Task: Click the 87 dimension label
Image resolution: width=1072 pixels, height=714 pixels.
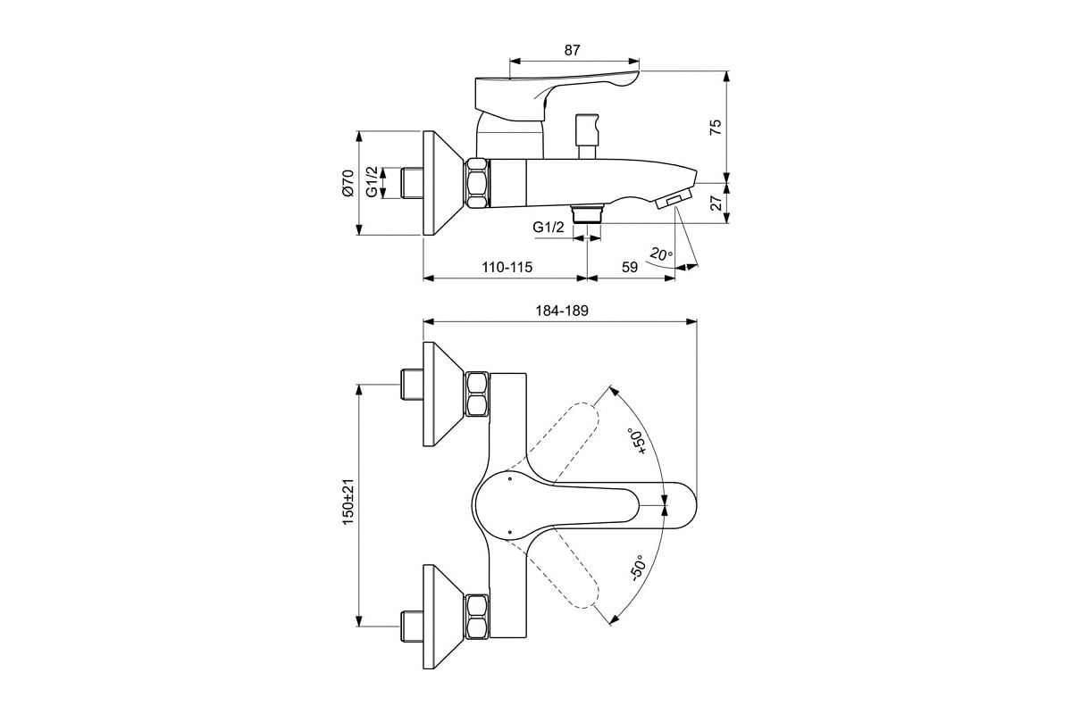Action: tap(572, 50)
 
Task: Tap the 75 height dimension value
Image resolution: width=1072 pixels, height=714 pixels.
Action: tap(715, 128)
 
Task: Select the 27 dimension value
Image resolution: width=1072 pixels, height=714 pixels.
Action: tap(716, 203)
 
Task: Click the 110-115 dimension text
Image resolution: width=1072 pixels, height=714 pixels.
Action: tap(507, 267)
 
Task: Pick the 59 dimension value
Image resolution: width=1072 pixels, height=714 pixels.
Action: tap(630, 267)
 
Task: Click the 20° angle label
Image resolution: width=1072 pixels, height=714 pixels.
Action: tap(661, 254)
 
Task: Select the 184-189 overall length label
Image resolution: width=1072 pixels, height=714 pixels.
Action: tap(561, 311)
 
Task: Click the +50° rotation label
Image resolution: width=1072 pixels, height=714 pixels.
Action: tap(638, 441)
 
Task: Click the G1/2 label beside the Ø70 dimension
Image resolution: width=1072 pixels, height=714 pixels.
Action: tap(372, 182)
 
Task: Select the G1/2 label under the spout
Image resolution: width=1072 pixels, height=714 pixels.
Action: tap(549, 228)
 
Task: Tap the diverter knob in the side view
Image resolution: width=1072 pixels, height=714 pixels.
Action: tap(587, 136)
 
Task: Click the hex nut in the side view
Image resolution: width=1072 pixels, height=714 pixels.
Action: tap(477, 183)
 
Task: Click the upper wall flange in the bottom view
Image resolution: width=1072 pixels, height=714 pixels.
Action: tap(444, 394)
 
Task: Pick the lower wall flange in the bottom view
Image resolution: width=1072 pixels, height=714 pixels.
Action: tap(444, 617)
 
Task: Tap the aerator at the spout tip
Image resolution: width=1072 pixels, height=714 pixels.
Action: tap(674, 198)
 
